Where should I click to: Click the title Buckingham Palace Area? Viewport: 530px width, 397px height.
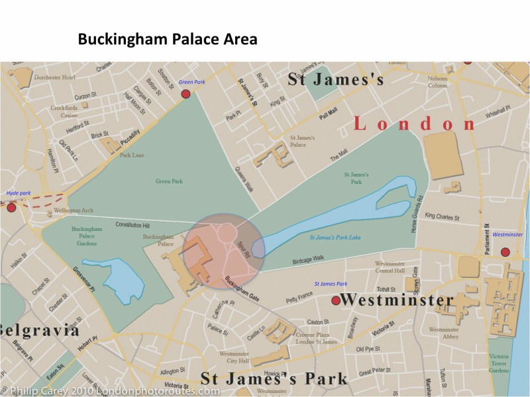click(x=168, y=39)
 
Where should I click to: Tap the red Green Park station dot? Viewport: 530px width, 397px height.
click(x=186, y=94)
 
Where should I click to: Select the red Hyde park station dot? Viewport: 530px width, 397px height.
click(x=11, y=208)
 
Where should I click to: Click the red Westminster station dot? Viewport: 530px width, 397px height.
click(x=505, y=252)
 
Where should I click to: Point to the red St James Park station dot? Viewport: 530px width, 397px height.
click(x=336, y=300)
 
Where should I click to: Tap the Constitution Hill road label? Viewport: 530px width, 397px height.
click(x=134, y=225)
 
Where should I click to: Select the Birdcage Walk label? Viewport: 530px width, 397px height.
click(x=308, y=259)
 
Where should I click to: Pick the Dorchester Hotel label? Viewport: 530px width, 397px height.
click(x=55, y=77)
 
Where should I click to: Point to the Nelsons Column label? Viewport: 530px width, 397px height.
click(x=437, y=82)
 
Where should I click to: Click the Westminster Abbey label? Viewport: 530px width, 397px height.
click(x=444, y=333)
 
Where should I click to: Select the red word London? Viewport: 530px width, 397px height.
click(x=415, y=123)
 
